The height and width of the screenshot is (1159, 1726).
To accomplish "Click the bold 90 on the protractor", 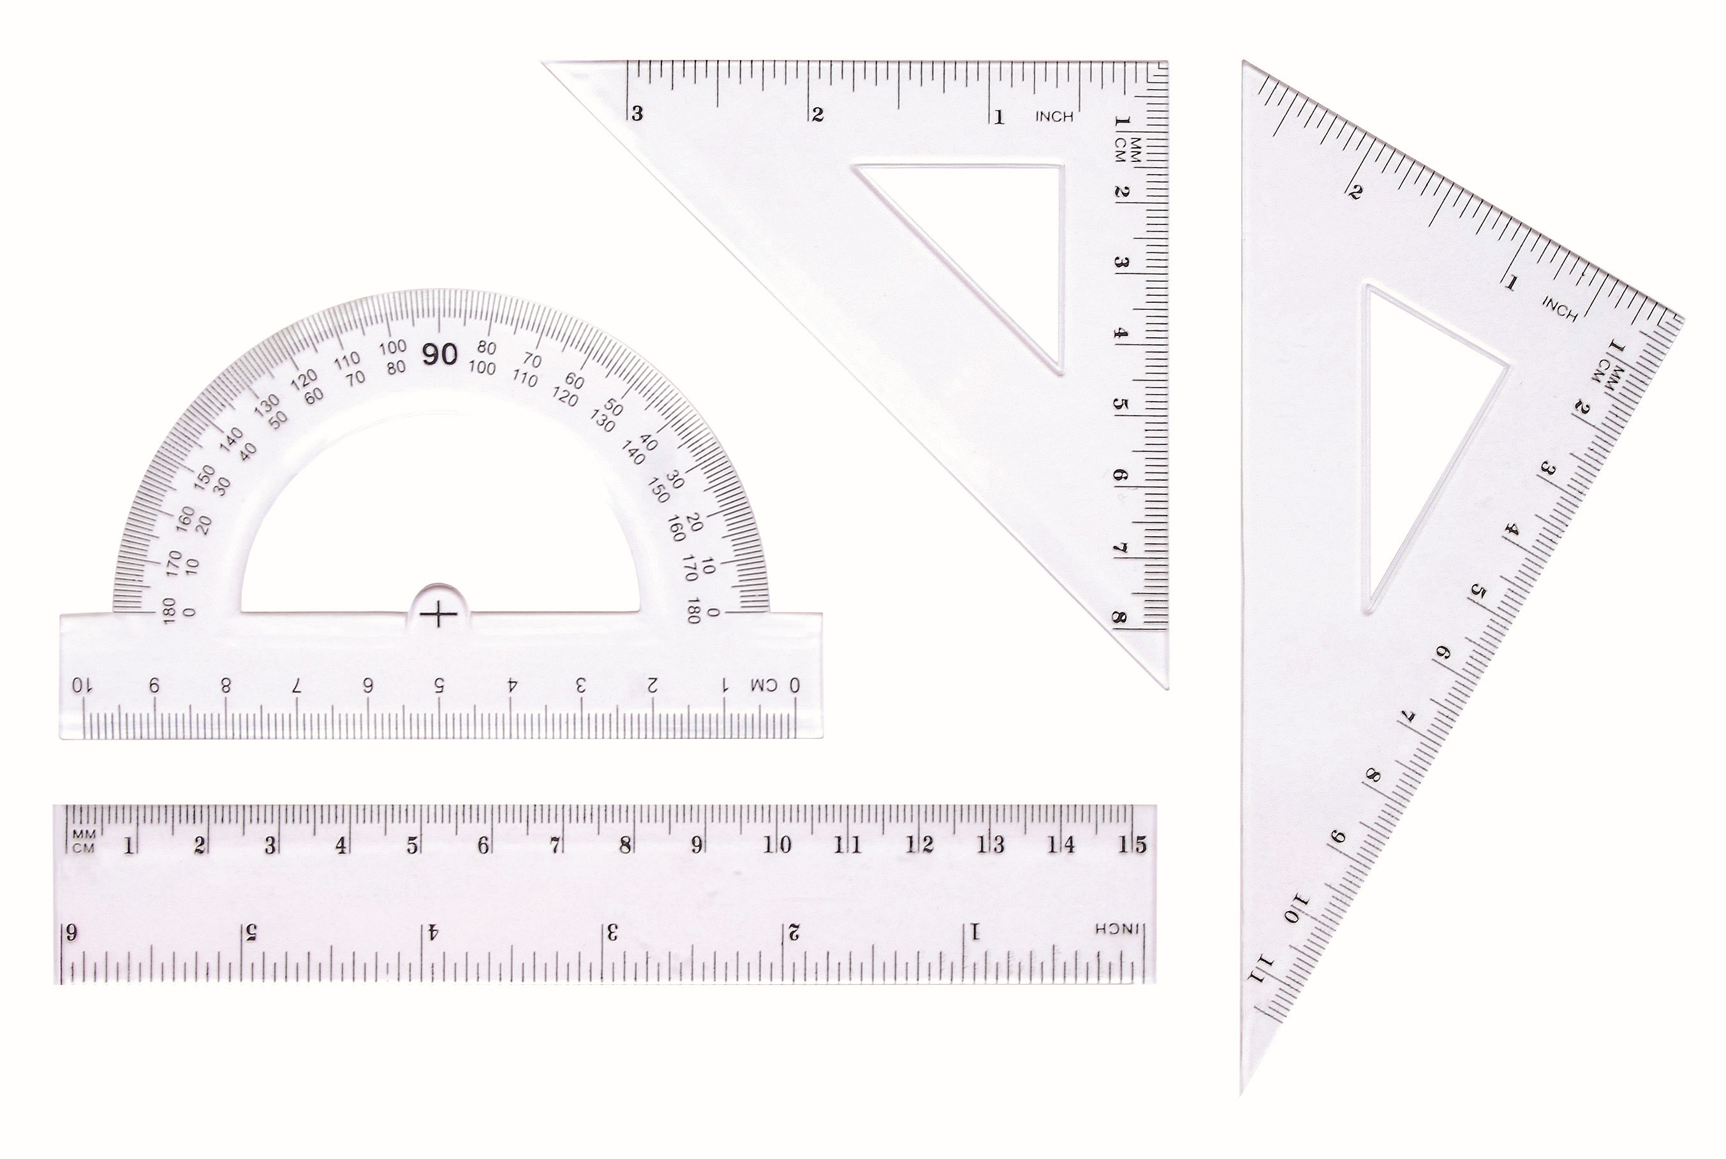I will click(x=440, y=356).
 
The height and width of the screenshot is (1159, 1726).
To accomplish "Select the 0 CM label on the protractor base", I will click(x=775, y=685).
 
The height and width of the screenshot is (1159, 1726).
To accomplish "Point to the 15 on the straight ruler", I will click(x=1132, y=844).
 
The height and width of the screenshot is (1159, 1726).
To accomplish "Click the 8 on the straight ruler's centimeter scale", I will click(x=626, y=845).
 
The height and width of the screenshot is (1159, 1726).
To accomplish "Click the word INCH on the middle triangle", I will click(x=1054, y=117).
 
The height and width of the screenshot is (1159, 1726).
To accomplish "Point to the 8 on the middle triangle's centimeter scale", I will click(x=1119, y=618).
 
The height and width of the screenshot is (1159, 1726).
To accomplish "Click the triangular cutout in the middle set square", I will click(x=991, y=237).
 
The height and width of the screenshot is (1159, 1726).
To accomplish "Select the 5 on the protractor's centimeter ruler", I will click(x=439, y=685).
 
